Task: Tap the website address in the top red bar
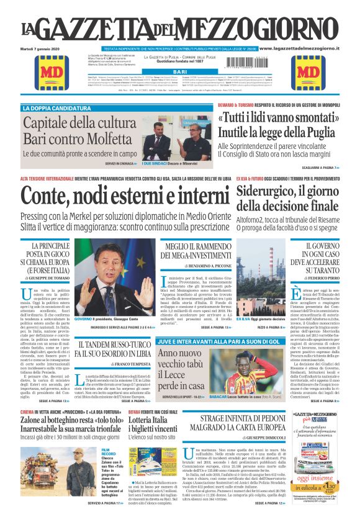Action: coord(297,48)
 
